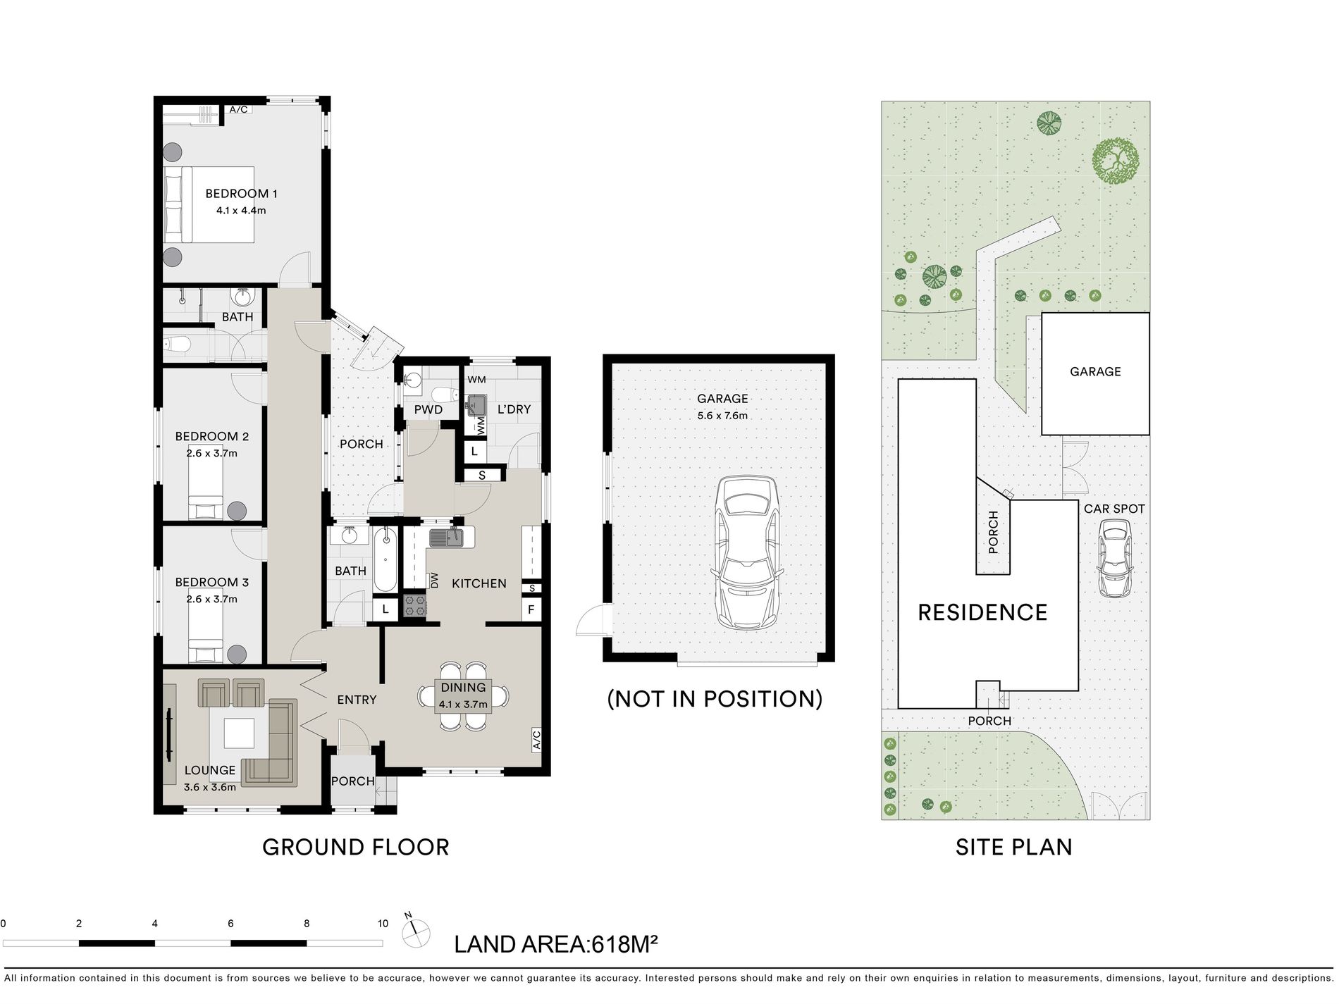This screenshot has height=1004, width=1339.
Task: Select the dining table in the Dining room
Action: [463, 696]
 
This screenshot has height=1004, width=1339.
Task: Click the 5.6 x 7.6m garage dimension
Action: [722, 416]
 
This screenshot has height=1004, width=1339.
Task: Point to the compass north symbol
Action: [414, 932]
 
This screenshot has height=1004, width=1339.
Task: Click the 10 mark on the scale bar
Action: [383, 924]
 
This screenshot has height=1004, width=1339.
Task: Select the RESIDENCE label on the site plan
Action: [982, 612]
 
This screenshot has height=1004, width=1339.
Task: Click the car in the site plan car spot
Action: [1114, 558]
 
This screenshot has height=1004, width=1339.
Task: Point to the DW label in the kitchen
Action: [434, 581]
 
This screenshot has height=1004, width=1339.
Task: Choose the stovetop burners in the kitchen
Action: [415, 607]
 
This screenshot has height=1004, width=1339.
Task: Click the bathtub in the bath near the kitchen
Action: [385, 559]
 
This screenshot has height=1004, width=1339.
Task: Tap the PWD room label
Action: [428, 410]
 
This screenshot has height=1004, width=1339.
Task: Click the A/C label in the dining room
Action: [536, 739]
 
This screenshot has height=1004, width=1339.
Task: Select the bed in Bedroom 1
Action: [209, 204]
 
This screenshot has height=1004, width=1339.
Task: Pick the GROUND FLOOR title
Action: [356, 847]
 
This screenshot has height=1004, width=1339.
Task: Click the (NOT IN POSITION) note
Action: [715, 698]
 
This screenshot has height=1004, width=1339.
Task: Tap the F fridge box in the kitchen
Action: [531, 609]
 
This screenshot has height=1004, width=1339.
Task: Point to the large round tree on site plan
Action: [1116, 161]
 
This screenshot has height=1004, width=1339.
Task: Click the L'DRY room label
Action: [514, 409]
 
